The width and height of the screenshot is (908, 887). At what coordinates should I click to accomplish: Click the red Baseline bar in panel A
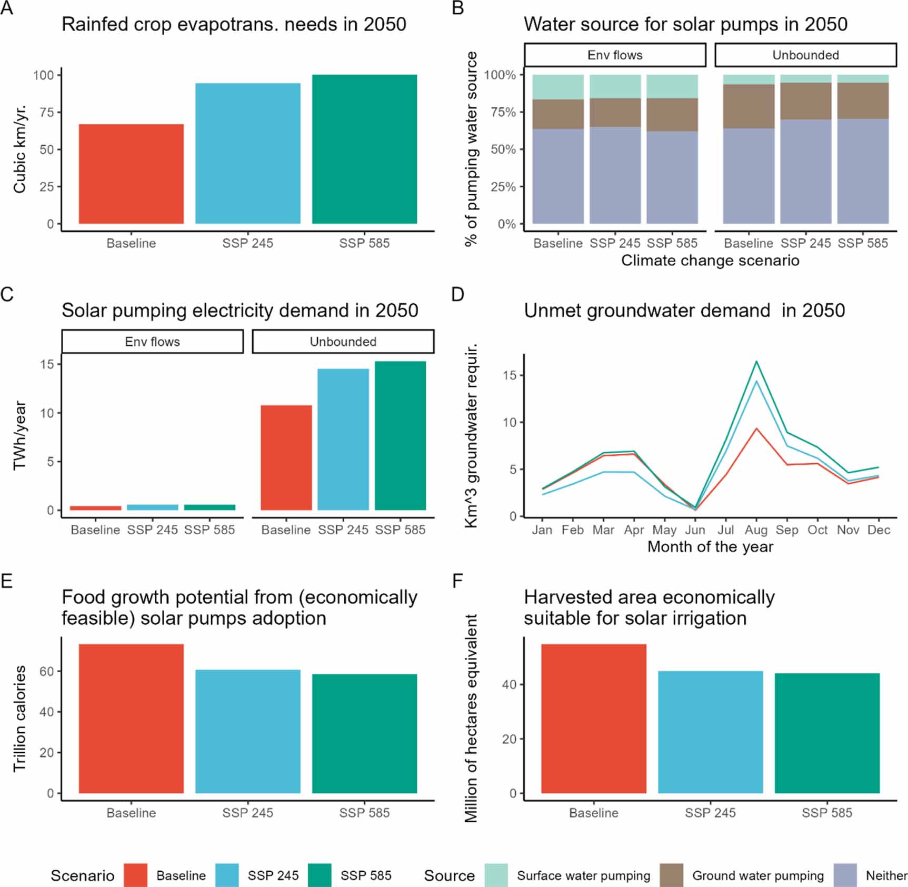(x=131, y=174)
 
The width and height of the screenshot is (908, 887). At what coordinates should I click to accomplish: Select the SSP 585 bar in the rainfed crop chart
(x=364, y=150)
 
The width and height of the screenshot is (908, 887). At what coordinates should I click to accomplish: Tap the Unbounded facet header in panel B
(x=805, y=55)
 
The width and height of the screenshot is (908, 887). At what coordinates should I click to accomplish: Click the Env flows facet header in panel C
(x=153, y=342)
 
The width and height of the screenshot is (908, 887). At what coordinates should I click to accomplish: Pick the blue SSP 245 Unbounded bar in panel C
(x=343, y=440)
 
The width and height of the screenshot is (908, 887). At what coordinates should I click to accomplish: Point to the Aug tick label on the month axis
(x=756, y=530)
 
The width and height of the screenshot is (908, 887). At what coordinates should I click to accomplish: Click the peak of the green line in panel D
(x=756, y=361)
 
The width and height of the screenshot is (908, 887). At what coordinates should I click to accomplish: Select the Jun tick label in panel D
(x=695, y=530)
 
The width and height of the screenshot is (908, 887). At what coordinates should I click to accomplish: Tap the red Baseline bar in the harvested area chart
(x=594, y=719)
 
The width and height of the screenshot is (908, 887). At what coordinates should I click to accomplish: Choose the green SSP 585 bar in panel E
(x=364, y=733)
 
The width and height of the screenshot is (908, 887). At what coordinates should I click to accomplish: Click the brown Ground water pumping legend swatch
(x=672, y=875)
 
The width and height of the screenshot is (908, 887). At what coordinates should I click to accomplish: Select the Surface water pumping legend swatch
(x=496, y=875)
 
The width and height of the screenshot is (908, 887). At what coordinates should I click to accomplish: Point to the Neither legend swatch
(x=845, y=875)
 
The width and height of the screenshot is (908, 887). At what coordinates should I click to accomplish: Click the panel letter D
(x=457, y=294)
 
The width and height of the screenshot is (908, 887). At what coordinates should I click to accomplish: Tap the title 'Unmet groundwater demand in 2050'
(x=684, y=311)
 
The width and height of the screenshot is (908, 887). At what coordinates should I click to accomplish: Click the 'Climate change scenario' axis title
(x=710, y=261)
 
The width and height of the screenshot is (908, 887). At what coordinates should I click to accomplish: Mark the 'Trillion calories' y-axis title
(x=20, y=719)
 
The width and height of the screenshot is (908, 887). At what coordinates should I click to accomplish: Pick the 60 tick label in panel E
(x=47, y=671)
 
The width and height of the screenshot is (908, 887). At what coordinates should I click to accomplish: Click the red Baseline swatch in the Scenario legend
(x=136, y=875)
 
